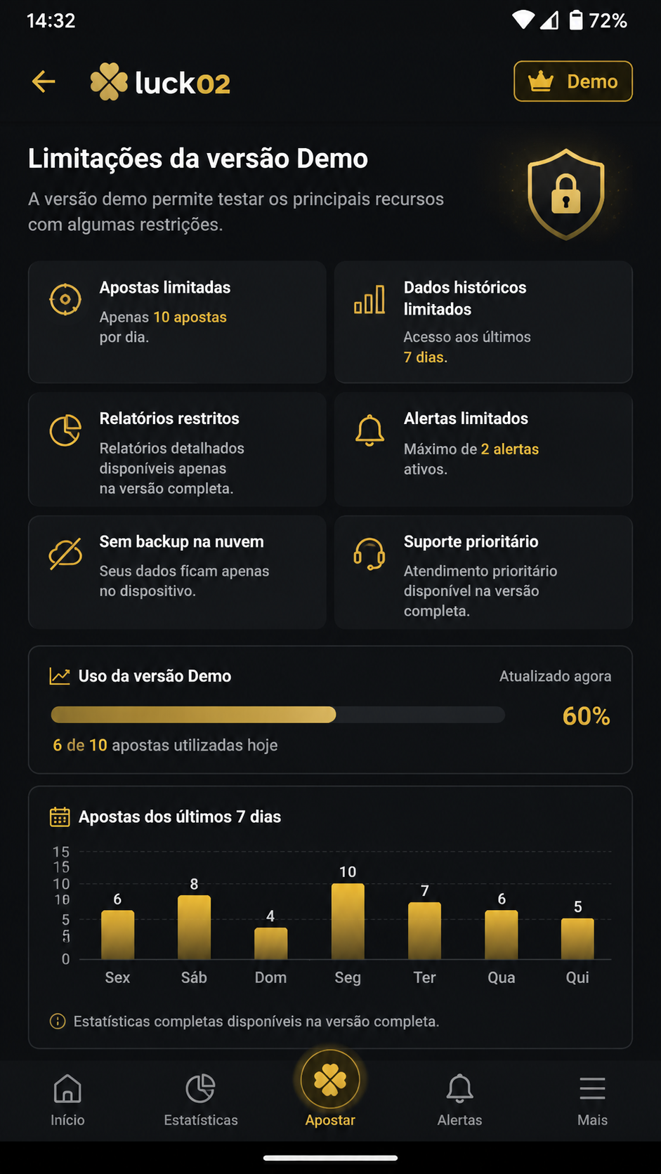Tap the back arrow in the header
click(x=44, y=81)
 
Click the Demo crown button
click(x=573, y=81)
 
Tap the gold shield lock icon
click(x=565, y=194)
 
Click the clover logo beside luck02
click(x=109, y=81)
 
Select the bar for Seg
click(x=348, y=921)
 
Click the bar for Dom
click(x=270, y=944)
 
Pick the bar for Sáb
click(x=194, y=927)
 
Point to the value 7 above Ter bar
click(x=424, y=890)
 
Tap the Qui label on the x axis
click(x=577, y=977)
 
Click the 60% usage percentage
click(x=586, y=716)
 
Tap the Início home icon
click(x=67, y=1088)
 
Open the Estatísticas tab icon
click(x=200, y=1088)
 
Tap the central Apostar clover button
click(x=330, y=1080)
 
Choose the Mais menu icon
click(x=592, y=1088)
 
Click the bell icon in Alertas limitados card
click(x=369, y=430)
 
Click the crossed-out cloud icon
click(x=65, y=553)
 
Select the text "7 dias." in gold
click(x=425, y=357)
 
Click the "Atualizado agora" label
click(x=555, y=676)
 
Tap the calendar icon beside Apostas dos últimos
click(x=60, y=817)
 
